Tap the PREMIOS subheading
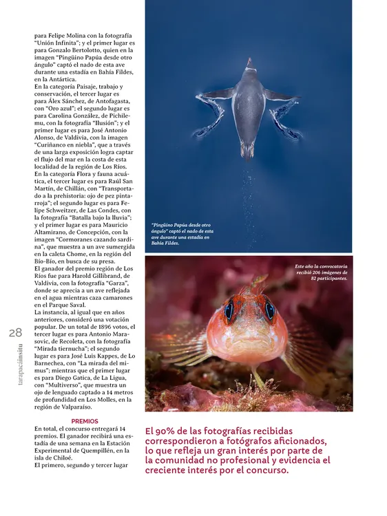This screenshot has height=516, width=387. click(x=85, y=421)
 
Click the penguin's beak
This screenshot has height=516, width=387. click(x=249, y=63)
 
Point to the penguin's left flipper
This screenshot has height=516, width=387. click(x=215, y=94)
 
